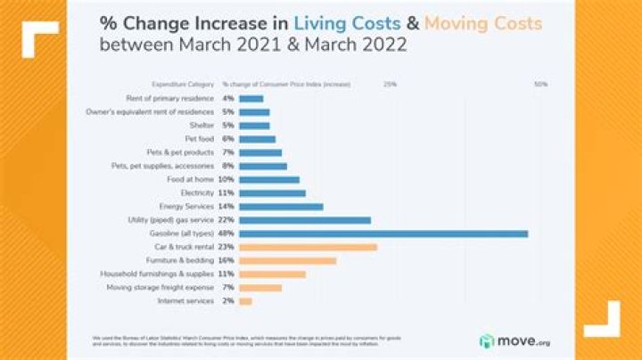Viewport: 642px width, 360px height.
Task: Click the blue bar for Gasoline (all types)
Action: tap(383, 233)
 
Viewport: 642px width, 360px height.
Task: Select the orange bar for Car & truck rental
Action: tap(308, 247)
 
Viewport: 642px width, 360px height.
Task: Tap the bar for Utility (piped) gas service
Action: tap(305, 220)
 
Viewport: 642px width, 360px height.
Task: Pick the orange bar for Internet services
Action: tap(245, 301)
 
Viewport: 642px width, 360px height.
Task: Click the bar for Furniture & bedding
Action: tap(288, 260)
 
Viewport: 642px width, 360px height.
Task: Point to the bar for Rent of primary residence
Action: tap(251, 98)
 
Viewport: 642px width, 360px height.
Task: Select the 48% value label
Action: tap(226, 233)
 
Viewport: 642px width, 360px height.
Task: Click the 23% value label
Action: tap(226, 247)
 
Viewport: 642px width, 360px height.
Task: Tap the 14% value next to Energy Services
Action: tap(226, 206)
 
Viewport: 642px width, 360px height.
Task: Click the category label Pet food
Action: tap(199, 139)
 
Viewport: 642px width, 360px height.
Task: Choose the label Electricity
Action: tap(197, 192)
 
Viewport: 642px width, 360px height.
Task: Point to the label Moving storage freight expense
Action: tap(160, 288)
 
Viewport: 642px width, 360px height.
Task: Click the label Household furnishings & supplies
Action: tap(156, 274)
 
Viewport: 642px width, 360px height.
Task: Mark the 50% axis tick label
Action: tap(540, 84)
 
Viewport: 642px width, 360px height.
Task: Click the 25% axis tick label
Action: tap(390, 84)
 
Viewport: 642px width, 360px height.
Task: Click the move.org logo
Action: tap(514, 340)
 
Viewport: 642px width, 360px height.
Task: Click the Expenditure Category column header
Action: tap(183, 84)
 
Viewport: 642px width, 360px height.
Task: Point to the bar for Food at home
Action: tap(269, 179)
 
